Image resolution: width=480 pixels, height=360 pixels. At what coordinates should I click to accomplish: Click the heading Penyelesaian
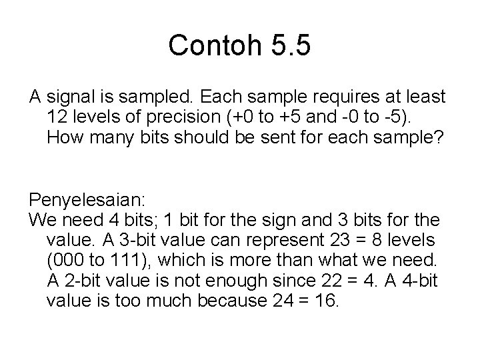[x=83, y=199]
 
